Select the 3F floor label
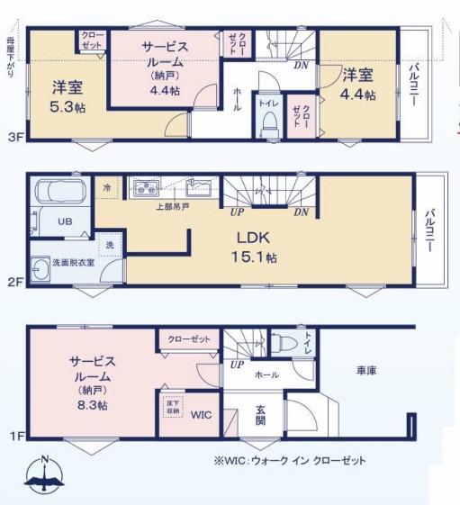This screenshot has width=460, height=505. click(14, 138)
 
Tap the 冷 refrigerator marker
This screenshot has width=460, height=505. click(107, 188)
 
